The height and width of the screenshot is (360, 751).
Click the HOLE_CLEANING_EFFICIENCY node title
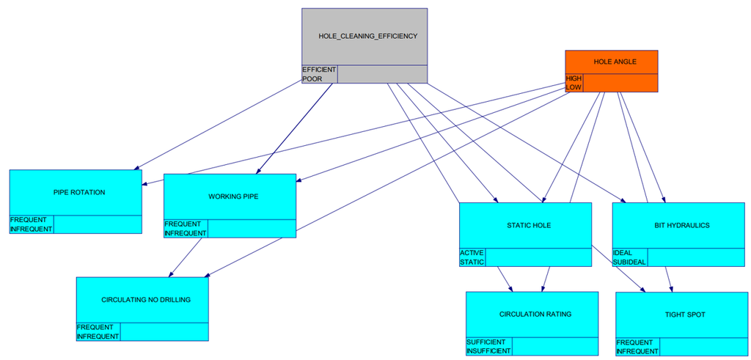tap(368, 36)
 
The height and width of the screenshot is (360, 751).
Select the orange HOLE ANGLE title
tap(612, 62)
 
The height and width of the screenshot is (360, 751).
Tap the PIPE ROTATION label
tap(79, 192)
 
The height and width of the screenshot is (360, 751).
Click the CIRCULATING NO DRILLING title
tap(146, 300)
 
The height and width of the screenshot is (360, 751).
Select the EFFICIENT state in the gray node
tap(319, 70)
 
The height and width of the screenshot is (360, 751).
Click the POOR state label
tap(312, 78)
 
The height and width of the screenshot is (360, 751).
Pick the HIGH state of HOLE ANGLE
tap(574, 78)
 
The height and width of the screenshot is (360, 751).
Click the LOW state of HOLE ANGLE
tap(574, 87)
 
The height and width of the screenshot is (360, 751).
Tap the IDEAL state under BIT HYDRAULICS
tap(623, 253)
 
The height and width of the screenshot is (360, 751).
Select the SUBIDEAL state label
tap(629, 262)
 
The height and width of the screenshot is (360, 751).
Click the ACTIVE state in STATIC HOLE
tap(472, 253)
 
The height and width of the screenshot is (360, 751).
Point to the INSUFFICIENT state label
tap(488, 351)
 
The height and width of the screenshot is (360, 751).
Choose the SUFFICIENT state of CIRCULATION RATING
tap(486, 342)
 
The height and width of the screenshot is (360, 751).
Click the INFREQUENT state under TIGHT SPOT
tap(637, 351)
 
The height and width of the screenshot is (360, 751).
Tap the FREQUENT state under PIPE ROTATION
tap(29, 220)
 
